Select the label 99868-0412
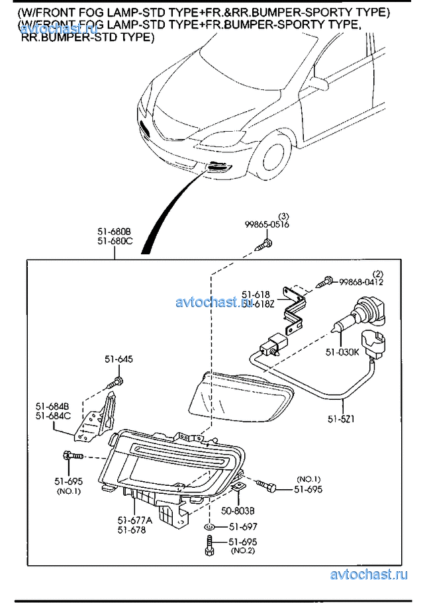click(x=361, y=282)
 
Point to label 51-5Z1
click(x=343, y=420)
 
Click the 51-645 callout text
click(x=119, y=359)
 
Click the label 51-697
click(x=243, y=527)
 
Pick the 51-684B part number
click(x=53, y=406)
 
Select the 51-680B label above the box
click(x=115, y=232)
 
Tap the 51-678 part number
click(x=131, y=530)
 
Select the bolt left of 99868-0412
click(x=324, y=283)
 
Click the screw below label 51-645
click(x=117, y=382)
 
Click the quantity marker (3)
click(x=283, y=216)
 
